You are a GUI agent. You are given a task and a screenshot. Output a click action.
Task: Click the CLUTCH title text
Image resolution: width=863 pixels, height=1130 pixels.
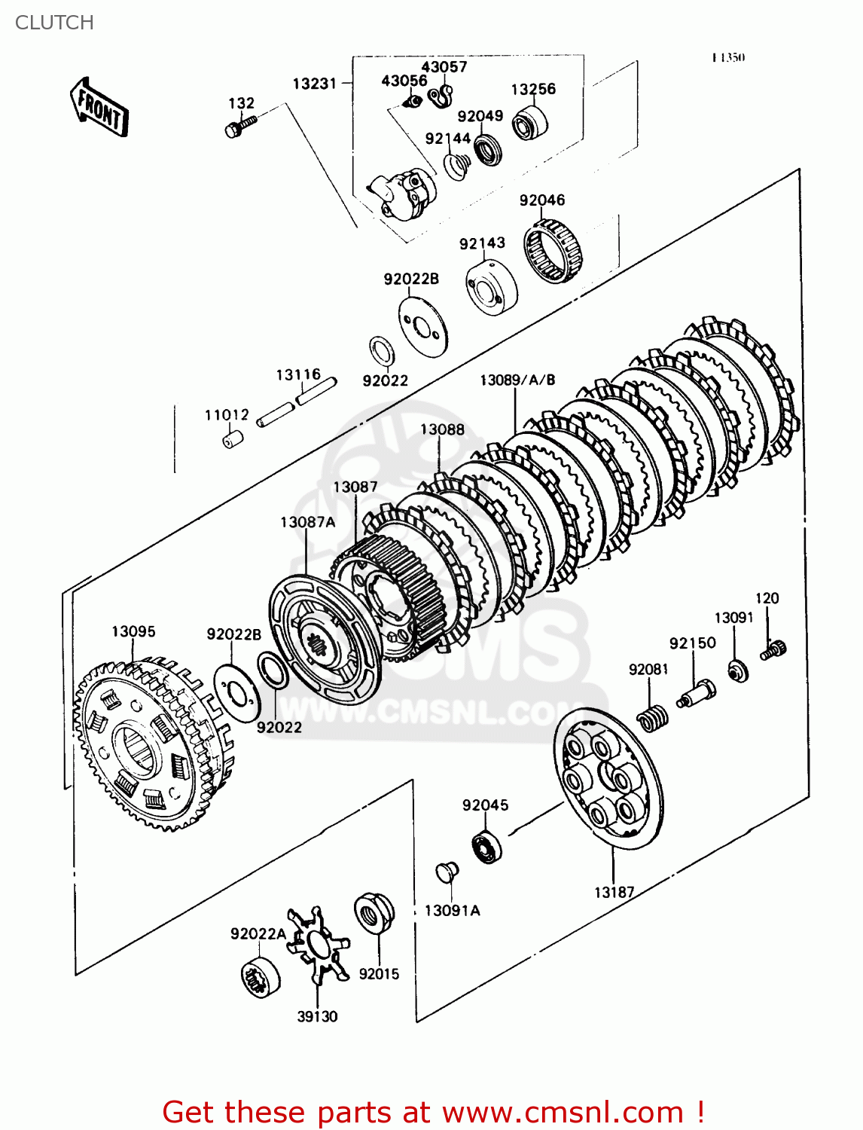pos(54,23)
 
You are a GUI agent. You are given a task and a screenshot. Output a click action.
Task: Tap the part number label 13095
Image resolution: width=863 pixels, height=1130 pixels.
pos(133,631)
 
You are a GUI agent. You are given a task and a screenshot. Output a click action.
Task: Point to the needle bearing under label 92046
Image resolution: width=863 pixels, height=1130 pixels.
pos(554,252)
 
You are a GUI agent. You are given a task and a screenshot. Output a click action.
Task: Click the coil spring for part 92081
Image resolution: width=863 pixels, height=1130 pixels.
pos(652,718)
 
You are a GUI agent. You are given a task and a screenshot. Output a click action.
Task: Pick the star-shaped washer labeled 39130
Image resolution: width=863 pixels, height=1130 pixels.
pos(319,946)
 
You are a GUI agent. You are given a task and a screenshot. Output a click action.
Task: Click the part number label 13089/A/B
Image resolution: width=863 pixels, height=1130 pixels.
pos(517,380)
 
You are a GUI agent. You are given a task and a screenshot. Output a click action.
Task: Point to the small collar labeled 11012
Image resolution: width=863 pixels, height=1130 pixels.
pos(233,438)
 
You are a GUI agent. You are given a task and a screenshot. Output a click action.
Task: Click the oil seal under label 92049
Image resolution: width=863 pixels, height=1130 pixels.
pos(489,148)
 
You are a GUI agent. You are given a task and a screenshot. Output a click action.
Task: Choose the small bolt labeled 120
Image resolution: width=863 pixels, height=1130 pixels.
pos(773,649)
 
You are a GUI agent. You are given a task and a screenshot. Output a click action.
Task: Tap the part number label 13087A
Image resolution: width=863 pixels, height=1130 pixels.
pos(307,522)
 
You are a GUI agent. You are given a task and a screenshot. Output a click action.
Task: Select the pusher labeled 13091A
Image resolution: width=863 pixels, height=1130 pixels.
pos(447,872)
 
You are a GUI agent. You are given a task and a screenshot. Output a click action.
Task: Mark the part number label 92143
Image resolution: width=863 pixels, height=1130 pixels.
pos(482,243)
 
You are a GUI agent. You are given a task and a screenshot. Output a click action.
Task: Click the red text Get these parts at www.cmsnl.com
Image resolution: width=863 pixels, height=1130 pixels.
pos(433,1112)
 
